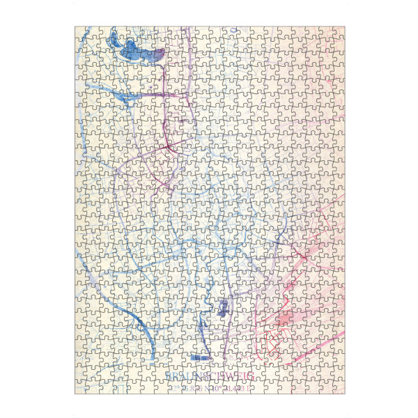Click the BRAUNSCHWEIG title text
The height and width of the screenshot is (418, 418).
(x=209, y=376)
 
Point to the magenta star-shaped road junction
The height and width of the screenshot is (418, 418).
(x=169, y=147)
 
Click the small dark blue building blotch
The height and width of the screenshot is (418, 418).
(x=224, y=307)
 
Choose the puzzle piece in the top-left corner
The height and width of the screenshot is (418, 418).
(x=84, y=35)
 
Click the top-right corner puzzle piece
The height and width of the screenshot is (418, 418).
(x=336, y=35)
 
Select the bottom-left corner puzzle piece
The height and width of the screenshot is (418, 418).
(x=84, y=385)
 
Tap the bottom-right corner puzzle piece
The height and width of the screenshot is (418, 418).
(x=336, y=385)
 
